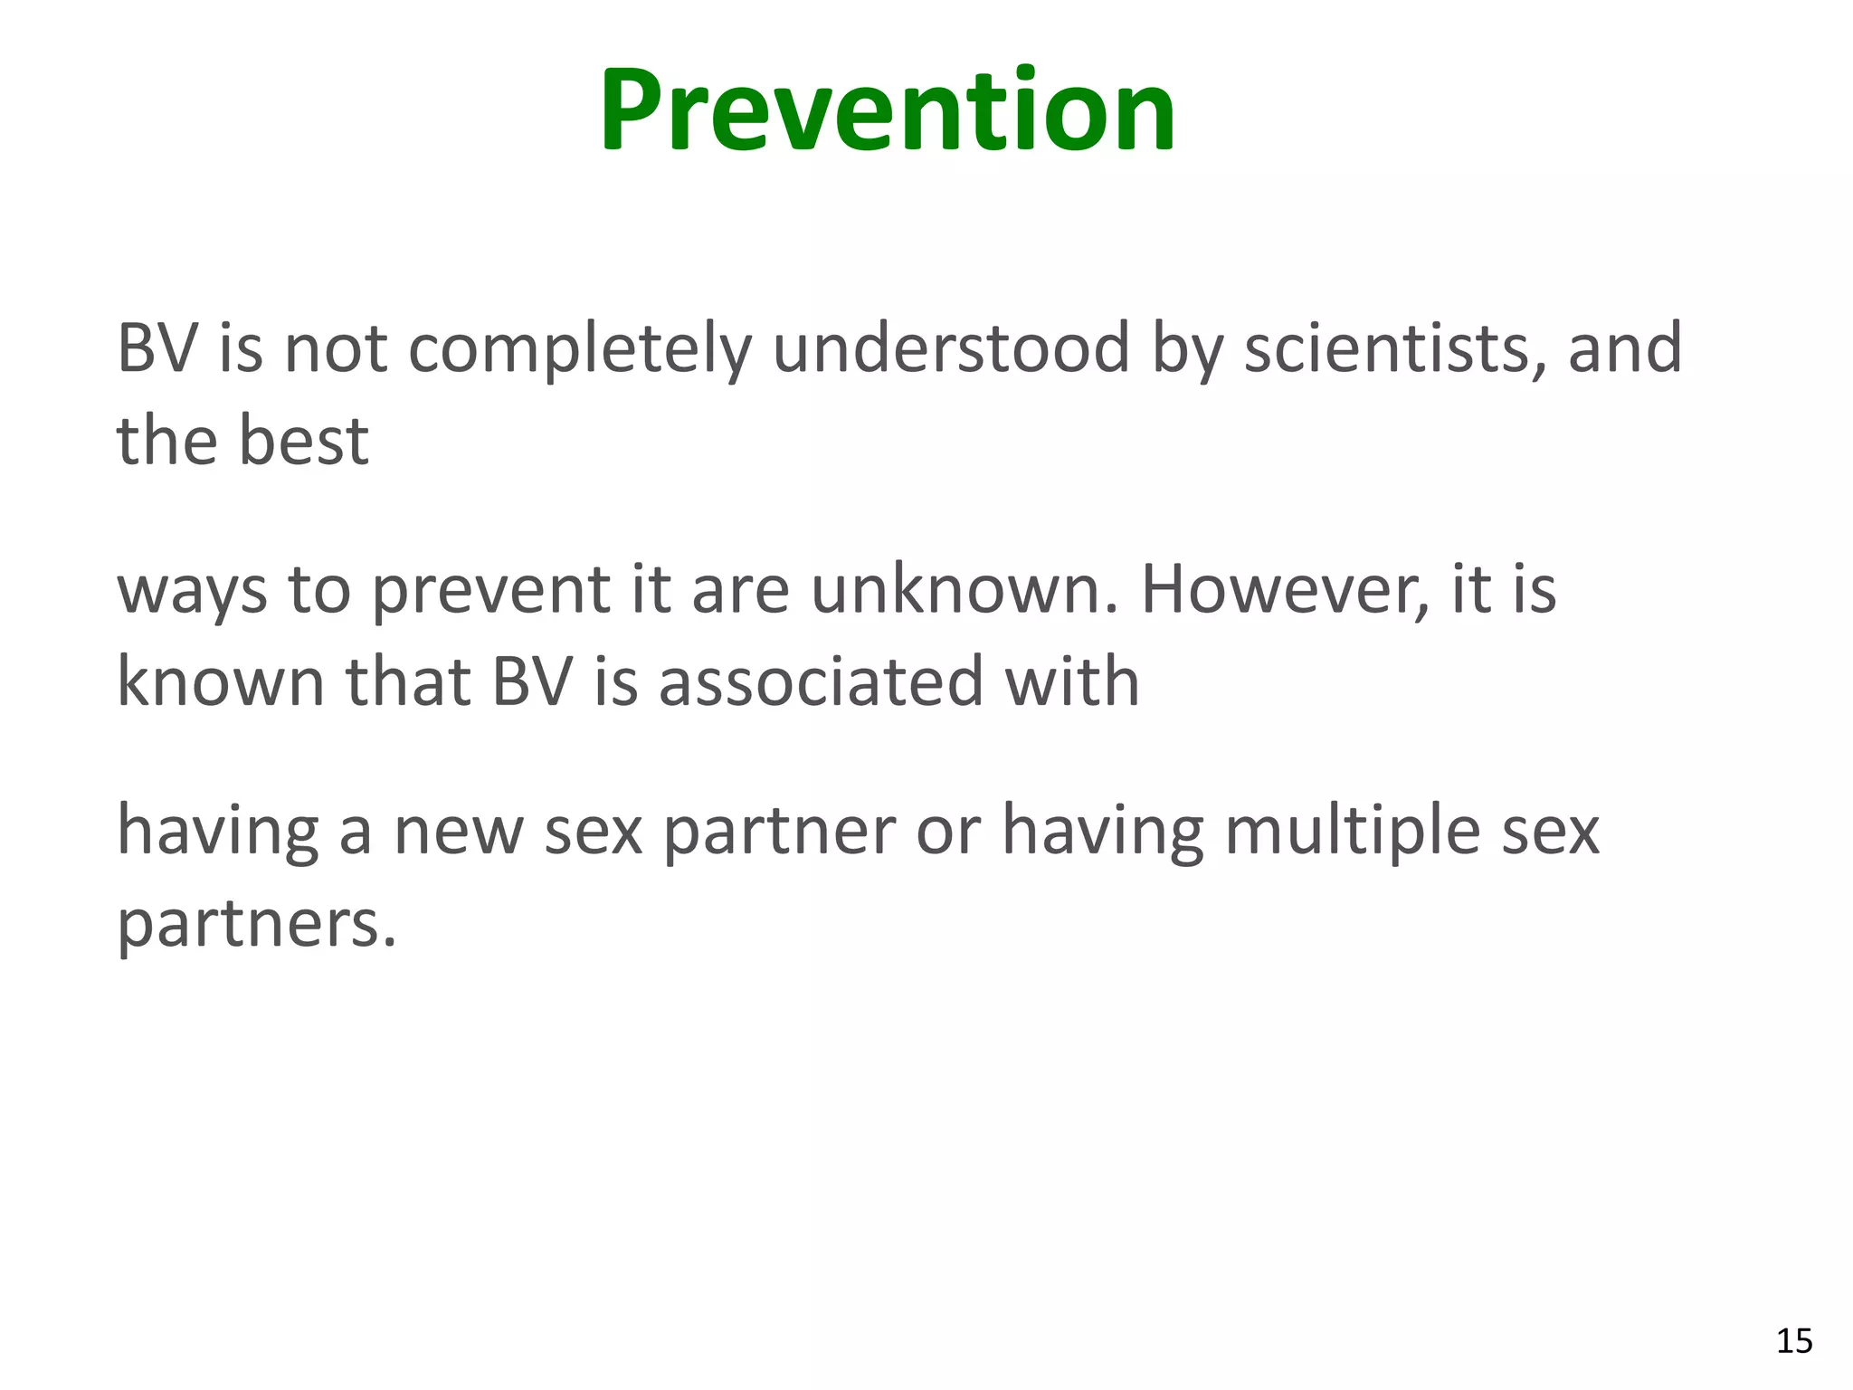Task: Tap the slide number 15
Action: point(1794,1341)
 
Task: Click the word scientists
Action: point(1394,348)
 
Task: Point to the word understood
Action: point(951,348)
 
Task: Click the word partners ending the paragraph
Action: point(258,925)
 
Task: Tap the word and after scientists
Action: point(1624,348)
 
